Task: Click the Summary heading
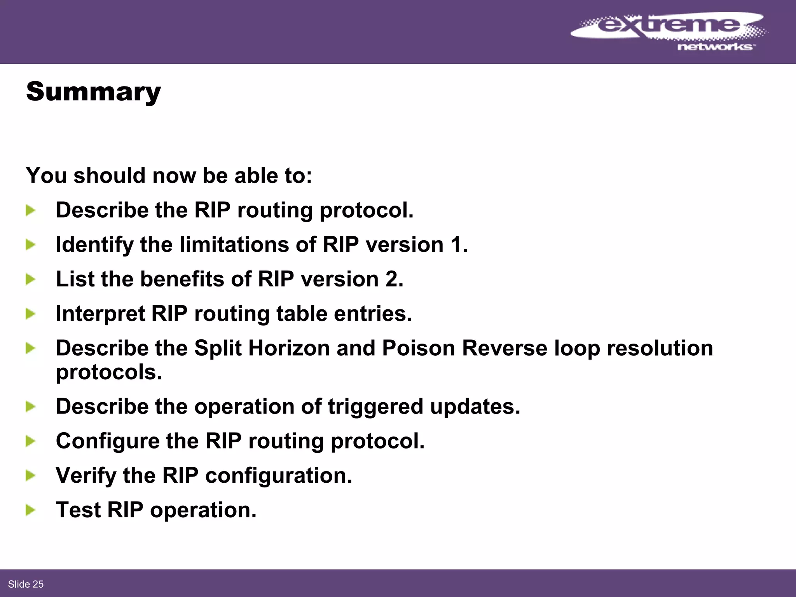click(93, 92)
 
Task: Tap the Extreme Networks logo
click(669, 31)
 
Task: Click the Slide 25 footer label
click(26, 584)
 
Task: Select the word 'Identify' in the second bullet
click(94, 245)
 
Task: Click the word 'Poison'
click(418, 348)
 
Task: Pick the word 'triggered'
click(375, 407)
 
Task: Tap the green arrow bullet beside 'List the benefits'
click(30, 279)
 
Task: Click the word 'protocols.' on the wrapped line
click(109, 372)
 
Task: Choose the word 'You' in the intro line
click(46, 175)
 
